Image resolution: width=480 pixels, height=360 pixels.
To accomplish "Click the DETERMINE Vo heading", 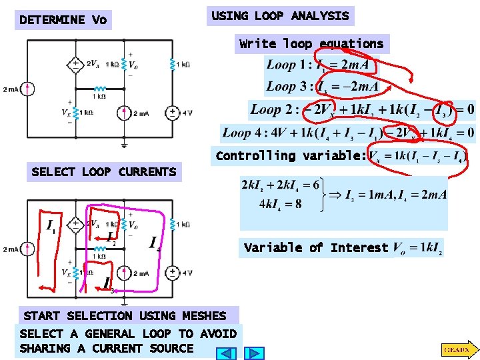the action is [63, 20].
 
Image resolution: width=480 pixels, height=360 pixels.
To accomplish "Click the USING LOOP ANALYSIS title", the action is [280, 16].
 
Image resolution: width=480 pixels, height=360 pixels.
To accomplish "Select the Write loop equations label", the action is [311, 44].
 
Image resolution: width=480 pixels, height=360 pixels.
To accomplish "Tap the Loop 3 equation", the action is [322, 87].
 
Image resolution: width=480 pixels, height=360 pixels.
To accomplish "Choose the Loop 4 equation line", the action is [349, 132].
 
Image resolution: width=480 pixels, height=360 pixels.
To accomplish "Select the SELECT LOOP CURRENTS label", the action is [104, 172].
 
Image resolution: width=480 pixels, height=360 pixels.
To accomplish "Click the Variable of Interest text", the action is [315, 248].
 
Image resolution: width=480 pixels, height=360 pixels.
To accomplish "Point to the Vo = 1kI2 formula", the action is [417, 248].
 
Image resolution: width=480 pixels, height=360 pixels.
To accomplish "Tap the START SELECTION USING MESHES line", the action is [125, 315].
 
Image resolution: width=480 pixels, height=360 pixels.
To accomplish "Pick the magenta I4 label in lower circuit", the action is [155, 243].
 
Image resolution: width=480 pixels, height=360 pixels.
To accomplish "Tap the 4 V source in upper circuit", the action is [173, 113].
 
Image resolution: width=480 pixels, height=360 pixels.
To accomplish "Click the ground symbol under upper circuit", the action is [125, 143].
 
